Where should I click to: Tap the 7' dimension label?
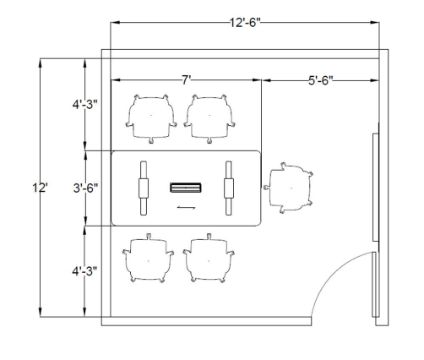186,80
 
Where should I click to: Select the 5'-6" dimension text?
321,80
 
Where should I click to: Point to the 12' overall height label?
41,188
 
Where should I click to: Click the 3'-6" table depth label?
85,188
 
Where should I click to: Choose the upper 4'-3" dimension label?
84,105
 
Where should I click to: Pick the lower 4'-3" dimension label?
84,271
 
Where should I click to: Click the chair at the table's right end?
289,188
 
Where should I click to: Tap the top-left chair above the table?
151,119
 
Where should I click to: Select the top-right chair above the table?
209,119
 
